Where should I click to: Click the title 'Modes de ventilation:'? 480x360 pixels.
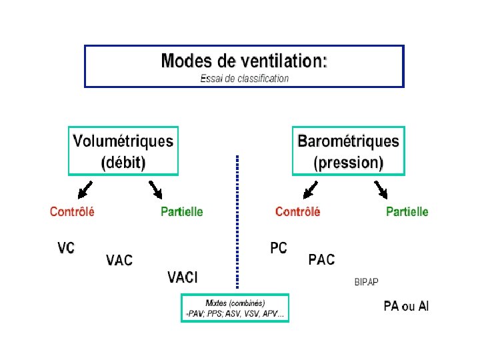(244, 61)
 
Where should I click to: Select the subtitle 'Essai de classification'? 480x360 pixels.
(245, 79)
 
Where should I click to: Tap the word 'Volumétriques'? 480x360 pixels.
(123, 141)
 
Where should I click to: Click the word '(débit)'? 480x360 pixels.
(123, 162)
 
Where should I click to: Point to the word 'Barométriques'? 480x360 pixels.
(348, 141)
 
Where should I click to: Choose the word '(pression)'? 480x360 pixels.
(349, 162)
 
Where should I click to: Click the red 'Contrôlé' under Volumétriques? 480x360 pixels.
(72, 212)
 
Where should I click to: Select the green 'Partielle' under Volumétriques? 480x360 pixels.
(182, 212)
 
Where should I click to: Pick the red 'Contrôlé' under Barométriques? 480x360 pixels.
(297, 212)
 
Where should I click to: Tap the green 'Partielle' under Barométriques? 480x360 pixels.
(407, 212)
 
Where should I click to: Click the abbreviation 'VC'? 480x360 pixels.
(66, 248)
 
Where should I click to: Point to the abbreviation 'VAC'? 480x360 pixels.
(119, 260)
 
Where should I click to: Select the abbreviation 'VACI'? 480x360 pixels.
(183, 277)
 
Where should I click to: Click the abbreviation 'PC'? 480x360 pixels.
(279, 248)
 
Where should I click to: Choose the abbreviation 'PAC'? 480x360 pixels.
(321, 260)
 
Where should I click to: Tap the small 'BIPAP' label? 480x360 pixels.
(366, 282)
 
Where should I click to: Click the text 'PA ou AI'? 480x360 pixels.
(406, 307)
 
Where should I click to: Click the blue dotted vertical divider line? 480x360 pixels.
(237, 220)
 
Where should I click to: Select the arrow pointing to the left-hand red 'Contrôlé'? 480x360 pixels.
(85, 190)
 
